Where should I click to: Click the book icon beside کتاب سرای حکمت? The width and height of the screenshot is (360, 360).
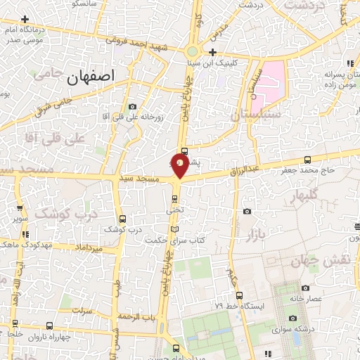[175, 229]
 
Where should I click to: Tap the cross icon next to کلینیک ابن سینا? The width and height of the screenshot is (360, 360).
[212, 52]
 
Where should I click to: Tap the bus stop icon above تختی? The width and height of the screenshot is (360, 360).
[175, 198]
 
